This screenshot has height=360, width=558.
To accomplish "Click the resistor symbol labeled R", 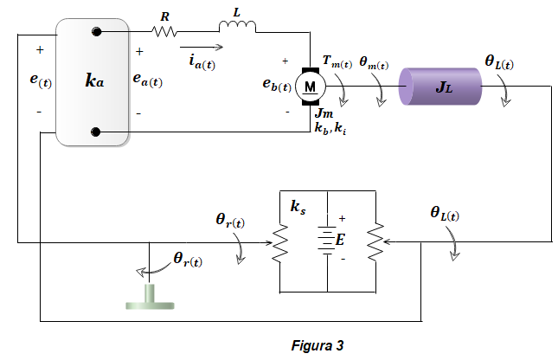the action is [164, 32].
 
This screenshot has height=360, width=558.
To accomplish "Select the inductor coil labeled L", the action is [237, 26].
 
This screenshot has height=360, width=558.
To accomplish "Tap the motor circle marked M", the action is [311, 87].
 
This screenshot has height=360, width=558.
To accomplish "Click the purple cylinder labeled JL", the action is [440, 87].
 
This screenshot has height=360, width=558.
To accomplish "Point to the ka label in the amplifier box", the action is [94, 80].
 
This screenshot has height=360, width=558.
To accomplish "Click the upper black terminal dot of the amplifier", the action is [96, 32].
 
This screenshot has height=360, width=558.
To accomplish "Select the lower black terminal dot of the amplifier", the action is [96, 132].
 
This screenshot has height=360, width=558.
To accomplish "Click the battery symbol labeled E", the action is [327, 241].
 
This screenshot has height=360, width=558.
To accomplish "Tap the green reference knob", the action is [150, 297].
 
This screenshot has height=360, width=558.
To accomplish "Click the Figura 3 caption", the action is [317, 345].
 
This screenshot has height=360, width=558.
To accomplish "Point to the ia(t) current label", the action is [202, 62].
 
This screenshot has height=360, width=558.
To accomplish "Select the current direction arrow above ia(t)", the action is [202, 47].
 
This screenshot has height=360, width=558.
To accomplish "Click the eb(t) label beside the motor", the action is [277, 85].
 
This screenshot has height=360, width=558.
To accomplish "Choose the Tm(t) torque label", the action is [337, 61].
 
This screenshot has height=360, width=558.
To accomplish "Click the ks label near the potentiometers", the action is [298, 207].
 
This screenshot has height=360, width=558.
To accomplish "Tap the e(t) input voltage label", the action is [41, 80].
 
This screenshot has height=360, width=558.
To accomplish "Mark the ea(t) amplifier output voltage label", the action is [147, 80].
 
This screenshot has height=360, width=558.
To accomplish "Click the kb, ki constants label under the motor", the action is [330, 128].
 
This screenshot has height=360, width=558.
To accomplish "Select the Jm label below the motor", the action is [324, 112].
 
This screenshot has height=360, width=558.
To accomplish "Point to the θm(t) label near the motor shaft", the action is [374, 63].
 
